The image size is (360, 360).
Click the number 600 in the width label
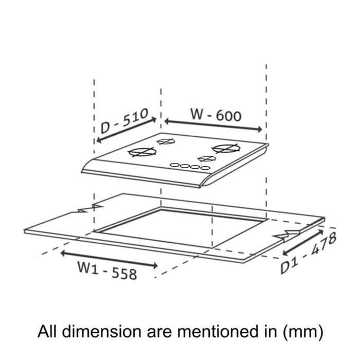tap(228, 116)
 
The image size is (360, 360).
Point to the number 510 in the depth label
tap(135, 118)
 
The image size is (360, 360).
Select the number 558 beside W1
tap(124, 274)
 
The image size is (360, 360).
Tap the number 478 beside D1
tap(323, 244)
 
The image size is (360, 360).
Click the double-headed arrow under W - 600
tap(213, 125)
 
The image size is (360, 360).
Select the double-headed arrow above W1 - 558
tap(109, 259)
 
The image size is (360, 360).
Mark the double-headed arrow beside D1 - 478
tap(303, 242)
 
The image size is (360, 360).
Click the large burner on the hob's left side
tap(142, 152)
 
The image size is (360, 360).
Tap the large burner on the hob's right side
tap(226, 148)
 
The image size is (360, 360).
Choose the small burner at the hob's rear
tap(166, 141)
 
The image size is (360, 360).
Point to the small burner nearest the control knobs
tap(207, 158)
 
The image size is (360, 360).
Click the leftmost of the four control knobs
tap(174, 165)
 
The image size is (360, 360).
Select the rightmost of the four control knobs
tap(205, 168)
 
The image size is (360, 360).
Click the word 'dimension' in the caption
tap(102, 332)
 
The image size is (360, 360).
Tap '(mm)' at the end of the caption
tap(303, 332)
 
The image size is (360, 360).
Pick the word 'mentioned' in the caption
tap(217, 332)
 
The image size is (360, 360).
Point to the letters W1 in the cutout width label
tap(88, 267)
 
